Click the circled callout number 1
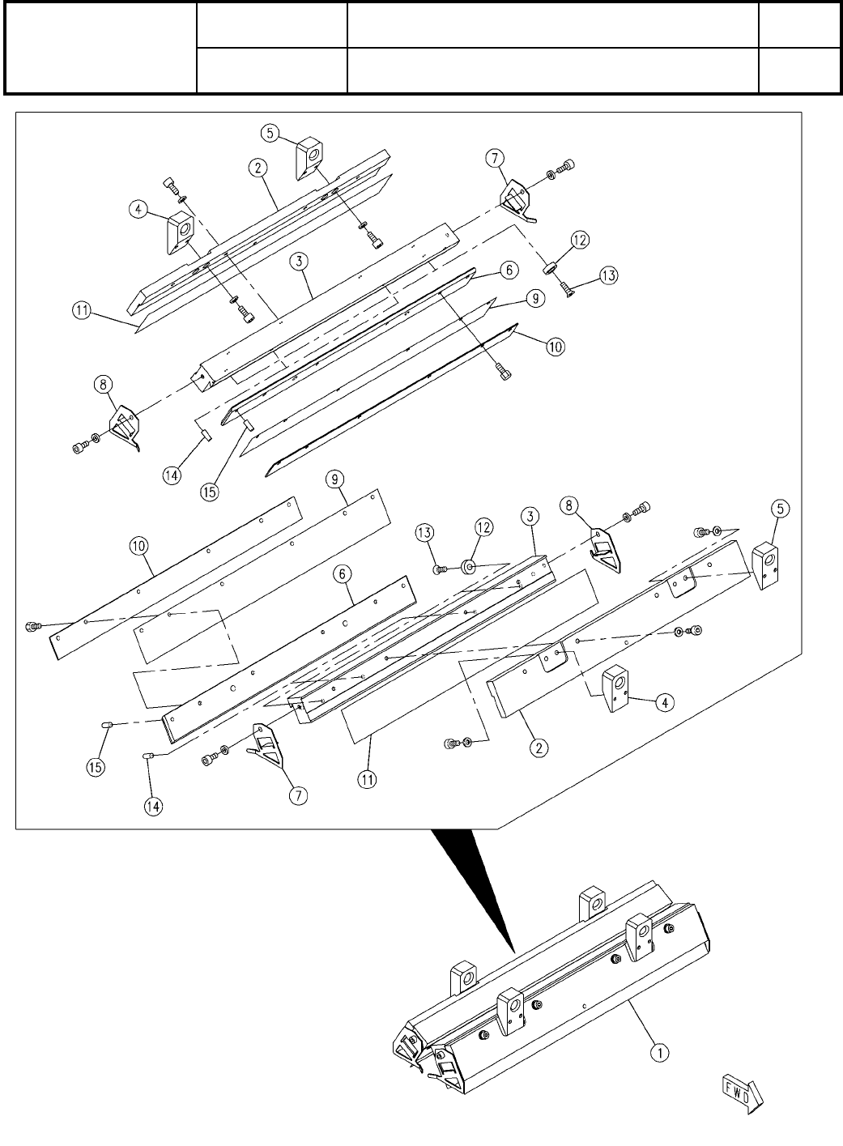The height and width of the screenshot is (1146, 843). [x=660, y=1053]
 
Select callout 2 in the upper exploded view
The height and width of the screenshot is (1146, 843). [x=258, y=168]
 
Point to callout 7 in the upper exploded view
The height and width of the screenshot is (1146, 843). [x=496, y=158]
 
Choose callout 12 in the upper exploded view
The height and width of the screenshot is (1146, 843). [x=580, y=241]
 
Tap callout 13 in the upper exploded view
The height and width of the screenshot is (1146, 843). [x=607, y=276]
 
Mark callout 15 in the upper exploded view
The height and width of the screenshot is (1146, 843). [x=210, y=492]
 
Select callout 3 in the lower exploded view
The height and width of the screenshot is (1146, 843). [x=529, y=516]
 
